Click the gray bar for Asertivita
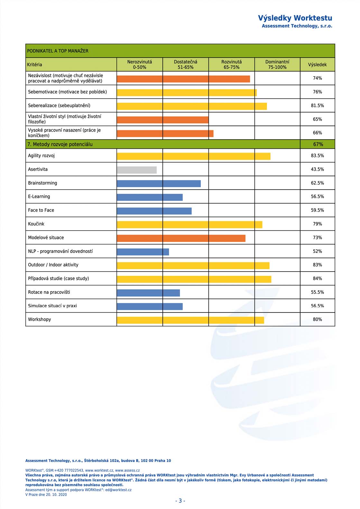pyautogui.click(x=137, y=170)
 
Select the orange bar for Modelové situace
pyautogui.click(x=181, y=238)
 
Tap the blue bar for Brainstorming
pyautogui.click(x=159, y=184)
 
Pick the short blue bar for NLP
pyautogui.click(x=143, y=252)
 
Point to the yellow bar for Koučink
pyautogui.click(x=189, y=225)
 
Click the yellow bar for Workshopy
pyautogui.click(x=190, y=320)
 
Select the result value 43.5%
pyautogui.click(x=317, y=169)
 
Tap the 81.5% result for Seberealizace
pyautogui.click(x=317, y=106)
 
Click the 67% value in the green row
pyautogui.click(x=318, y=144)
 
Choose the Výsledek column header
pyautogui.click(x=317, y=65)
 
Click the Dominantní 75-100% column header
pyautogui.click(x=277, y=65)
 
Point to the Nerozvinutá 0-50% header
pyautogui.click(x=140, y=65)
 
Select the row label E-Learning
pyautogui.click(x=39, y=197)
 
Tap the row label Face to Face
pyautogui.click(x=41, y=210)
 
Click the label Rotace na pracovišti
pyautogui.click(x=49, y=292)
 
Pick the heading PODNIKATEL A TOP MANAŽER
pyautogui.click(x=58, y=51)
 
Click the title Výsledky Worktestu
pyautogui.click(x=295, y=18)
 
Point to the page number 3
pyautogui.click(x=180, y=501)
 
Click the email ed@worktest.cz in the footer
pyautogui.click(x=118, y=490)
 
